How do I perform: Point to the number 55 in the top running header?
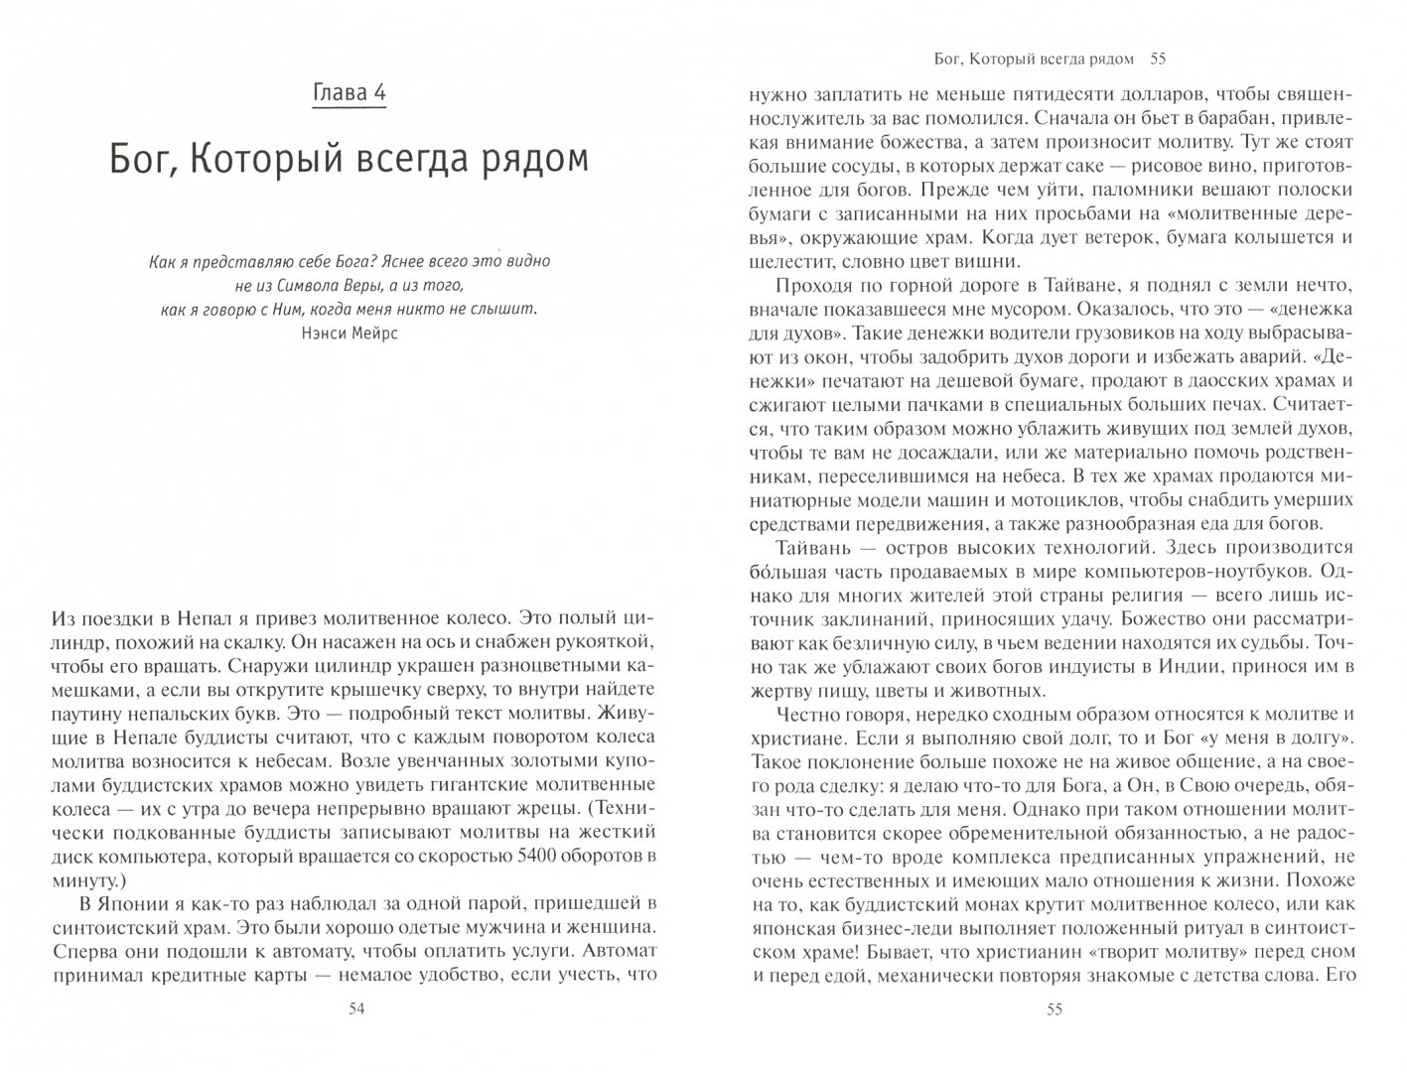(x=1157, y=60)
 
